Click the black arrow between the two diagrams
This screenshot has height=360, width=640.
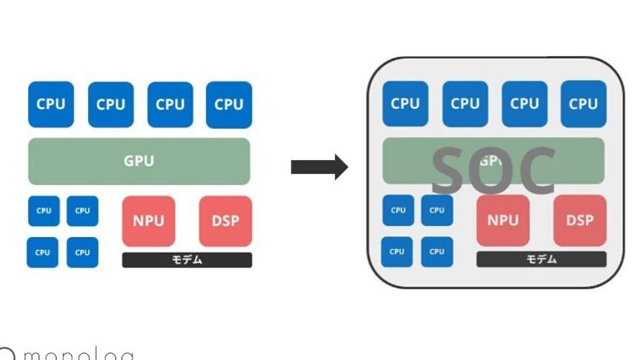319,167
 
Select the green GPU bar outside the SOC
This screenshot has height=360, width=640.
139,161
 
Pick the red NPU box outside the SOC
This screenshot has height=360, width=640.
148,221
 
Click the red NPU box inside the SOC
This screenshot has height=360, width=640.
503,221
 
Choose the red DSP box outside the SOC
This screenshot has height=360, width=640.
225,221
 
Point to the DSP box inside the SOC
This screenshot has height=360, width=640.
580,221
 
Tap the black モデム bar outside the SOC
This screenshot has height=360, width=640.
187,260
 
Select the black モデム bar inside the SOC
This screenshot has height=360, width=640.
541,259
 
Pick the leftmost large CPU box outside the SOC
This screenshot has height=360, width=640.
51,104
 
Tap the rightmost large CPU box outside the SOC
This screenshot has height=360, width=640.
229,104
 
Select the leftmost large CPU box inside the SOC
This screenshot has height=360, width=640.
405,104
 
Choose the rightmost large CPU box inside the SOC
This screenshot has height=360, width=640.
584,104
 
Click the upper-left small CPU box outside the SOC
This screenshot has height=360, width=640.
44,211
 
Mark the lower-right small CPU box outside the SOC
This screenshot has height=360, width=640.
82,253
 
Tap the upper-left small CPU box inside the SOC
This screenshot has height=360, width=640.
399,210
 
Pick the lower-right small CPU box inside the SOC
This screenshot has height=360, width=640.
437,252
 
